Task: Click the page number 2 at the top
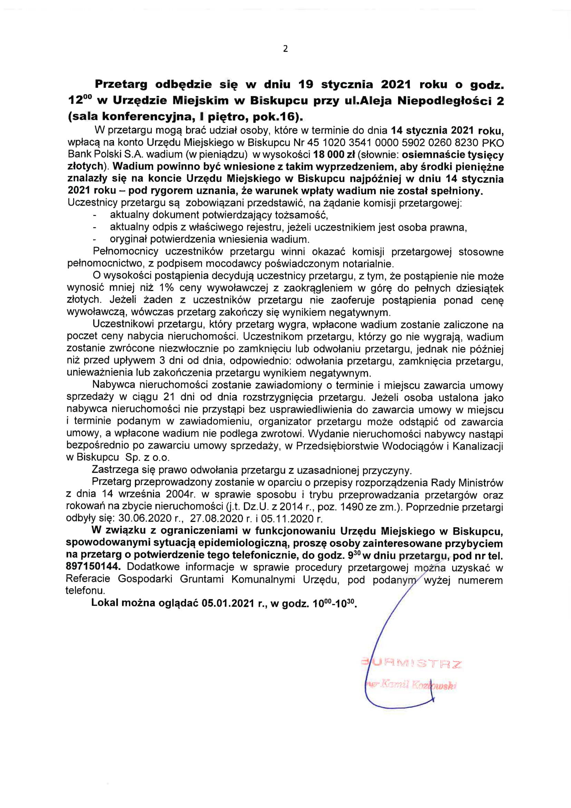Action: click(285, 49)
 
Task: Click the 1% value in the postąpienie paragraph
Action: click(166, 288)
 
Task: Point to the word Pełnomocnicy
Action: click(126, 252)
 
